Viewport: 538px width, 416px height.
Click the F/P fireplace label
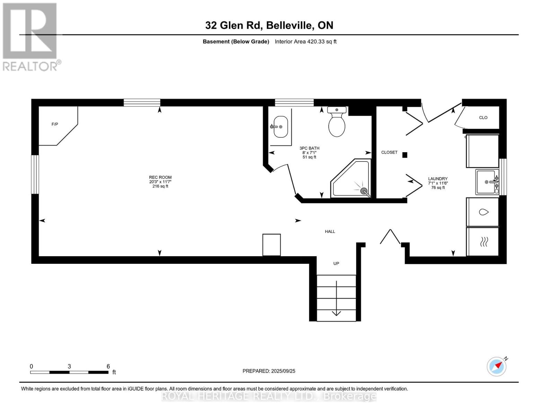55,124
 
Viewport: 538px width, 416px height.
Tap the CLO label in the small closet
483,118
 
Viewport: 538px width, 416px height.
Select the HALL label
330,232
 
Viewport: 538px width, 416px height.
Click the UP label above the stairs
336,263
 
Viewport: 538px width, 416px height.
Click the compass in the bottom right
496,366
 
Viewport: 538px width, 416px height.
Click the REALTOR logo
30,36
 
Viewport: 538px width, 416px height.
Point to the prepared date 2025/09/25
269,371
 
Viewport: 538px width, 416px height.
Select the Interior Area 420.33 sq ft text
306,42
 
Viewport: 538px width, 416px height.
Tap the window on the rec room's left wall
35,174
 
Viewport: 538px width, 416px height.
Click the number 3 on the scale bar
69,366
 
